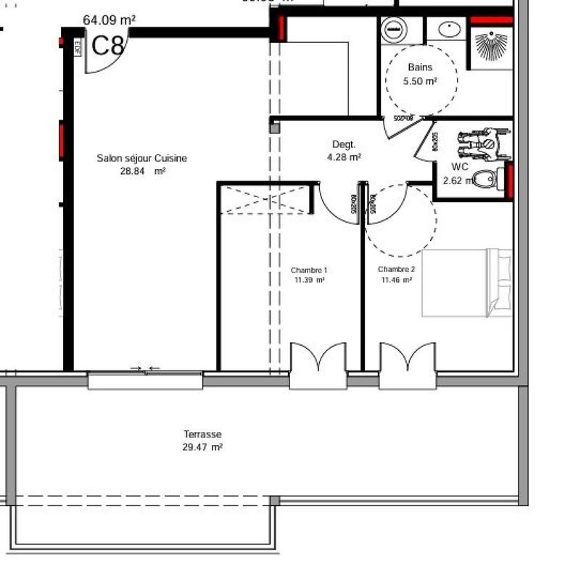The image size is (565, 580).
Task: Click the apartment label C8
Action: point(108,46)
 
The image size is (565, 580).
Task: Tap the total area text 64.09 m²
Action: point(109,20)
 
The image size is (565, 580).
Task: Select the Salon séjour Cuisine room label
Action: point(142,158)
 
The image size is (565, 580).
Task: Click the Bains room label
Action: point(420,67)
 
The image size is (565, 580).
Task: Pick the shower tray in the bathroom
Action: point(491,49)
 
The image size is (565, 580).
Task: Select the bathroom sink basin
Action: point(450,30)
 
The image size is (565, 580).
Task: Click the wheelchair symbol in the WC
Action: point(482,144)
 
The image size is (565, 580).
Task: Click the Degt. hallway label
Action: point(343,144)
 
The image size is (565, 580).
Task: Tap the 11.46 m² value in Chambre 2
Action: point(395,280)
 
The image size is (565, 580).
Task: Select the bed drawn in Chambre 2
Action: point(466,283)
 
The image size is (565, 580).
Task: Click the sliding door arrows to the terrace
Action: point(145,369)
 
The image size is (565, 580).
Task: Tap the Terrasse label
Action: point(202,434)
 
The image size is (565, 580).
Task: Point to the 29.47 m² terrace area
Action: point(202,447)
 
